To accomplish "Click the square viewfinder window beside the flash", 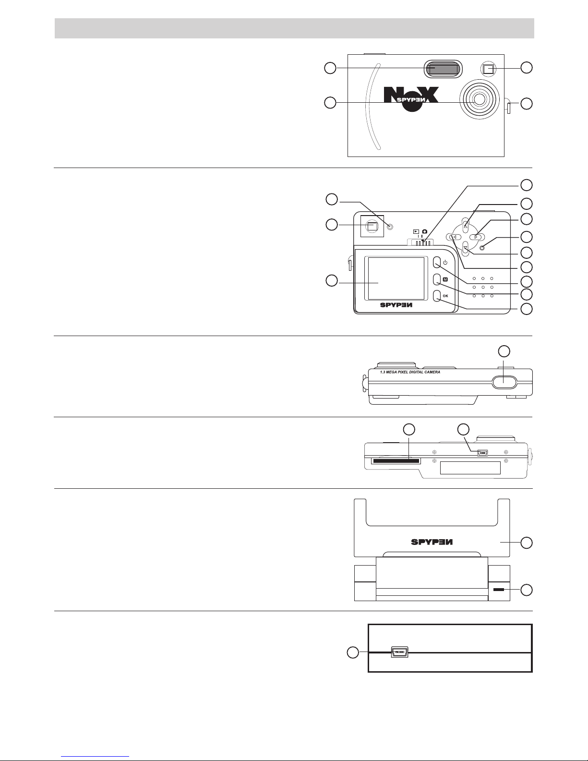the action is click(488, 69).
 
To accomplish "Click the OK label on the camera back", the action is click(445, 296).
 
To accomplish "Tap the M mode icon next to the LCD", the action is click(445, 279).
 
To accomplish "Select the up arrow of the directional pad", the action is click(466, 226).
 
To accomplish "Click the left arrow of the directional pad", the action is click(454, 237).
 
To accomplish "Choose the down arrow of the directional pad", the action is click(466, 248).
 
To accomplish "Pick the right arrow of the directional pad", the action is click(477, 237).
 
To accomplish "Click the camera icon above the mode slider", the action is click(425, 231).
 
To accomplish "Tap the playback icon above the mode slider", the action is click(416, 231).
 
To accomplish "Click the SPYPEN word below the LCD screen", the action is click(396, 305).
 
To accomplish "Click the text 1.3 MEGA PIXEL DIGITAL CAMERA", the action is click(410, 372).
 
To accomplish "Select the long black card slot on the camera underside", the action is click(396, 461).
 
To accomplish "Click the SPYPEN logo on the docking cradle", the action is click(432, 542).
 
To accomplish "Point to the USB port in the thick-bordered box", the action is click(399, 652).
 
